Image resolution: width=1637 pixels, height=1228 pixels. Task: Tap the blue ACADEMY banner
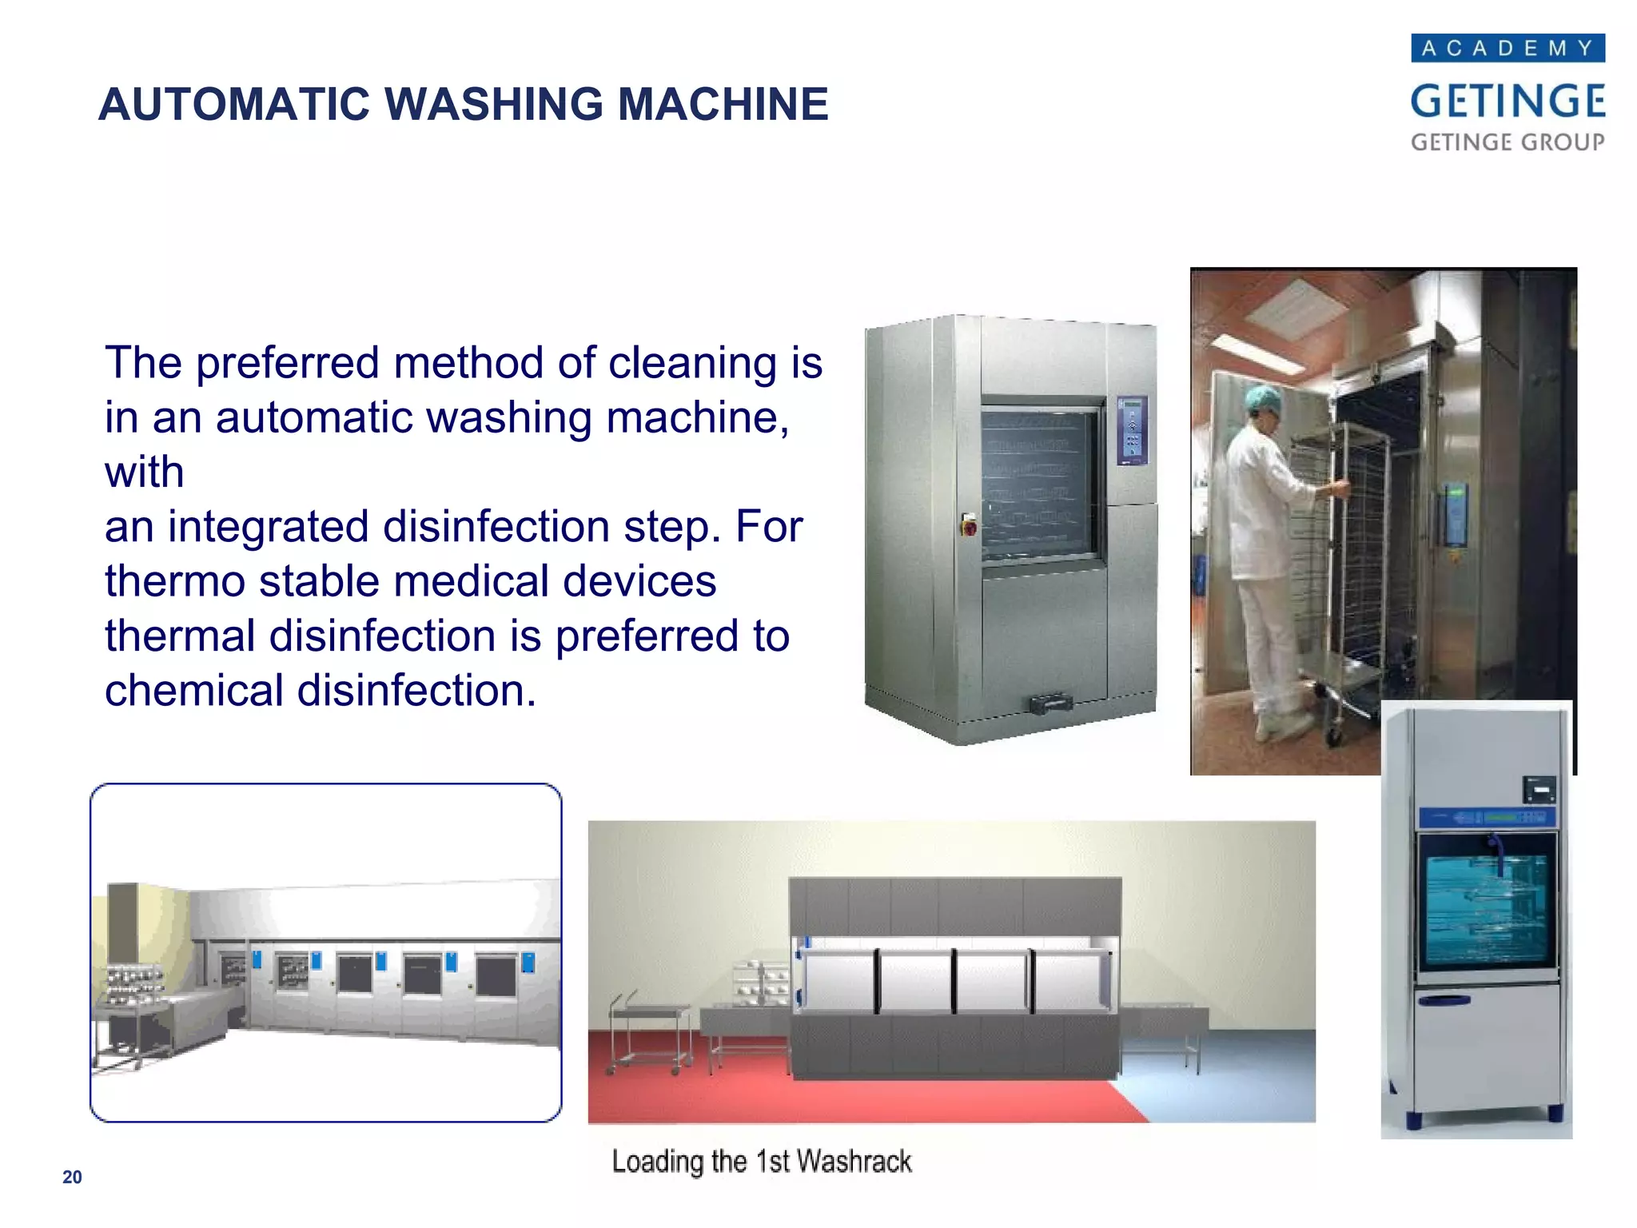point(1508,48)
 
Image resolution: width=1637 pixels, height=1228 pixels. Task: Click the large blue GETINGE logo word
point(1508,102)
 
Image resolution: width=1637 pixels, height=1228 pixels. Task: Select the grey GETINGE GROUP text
point(1508,142)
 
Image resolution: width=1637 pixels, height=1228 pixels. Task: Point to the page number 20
point(72,1177)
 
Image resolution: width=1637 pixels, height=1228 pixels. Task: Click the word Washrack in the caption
point(854,1161)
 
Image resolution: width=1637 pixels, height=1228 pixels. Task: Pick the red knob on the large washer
point(969,528)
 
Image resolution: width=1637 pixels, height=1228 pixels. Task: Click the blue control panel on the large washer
point(1131,430)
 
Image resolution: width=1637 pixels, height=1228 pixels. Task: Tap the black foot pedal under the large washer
point(1050,704)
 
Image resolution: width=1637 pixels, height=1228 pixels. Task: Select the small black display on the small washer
point(1539,790)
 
